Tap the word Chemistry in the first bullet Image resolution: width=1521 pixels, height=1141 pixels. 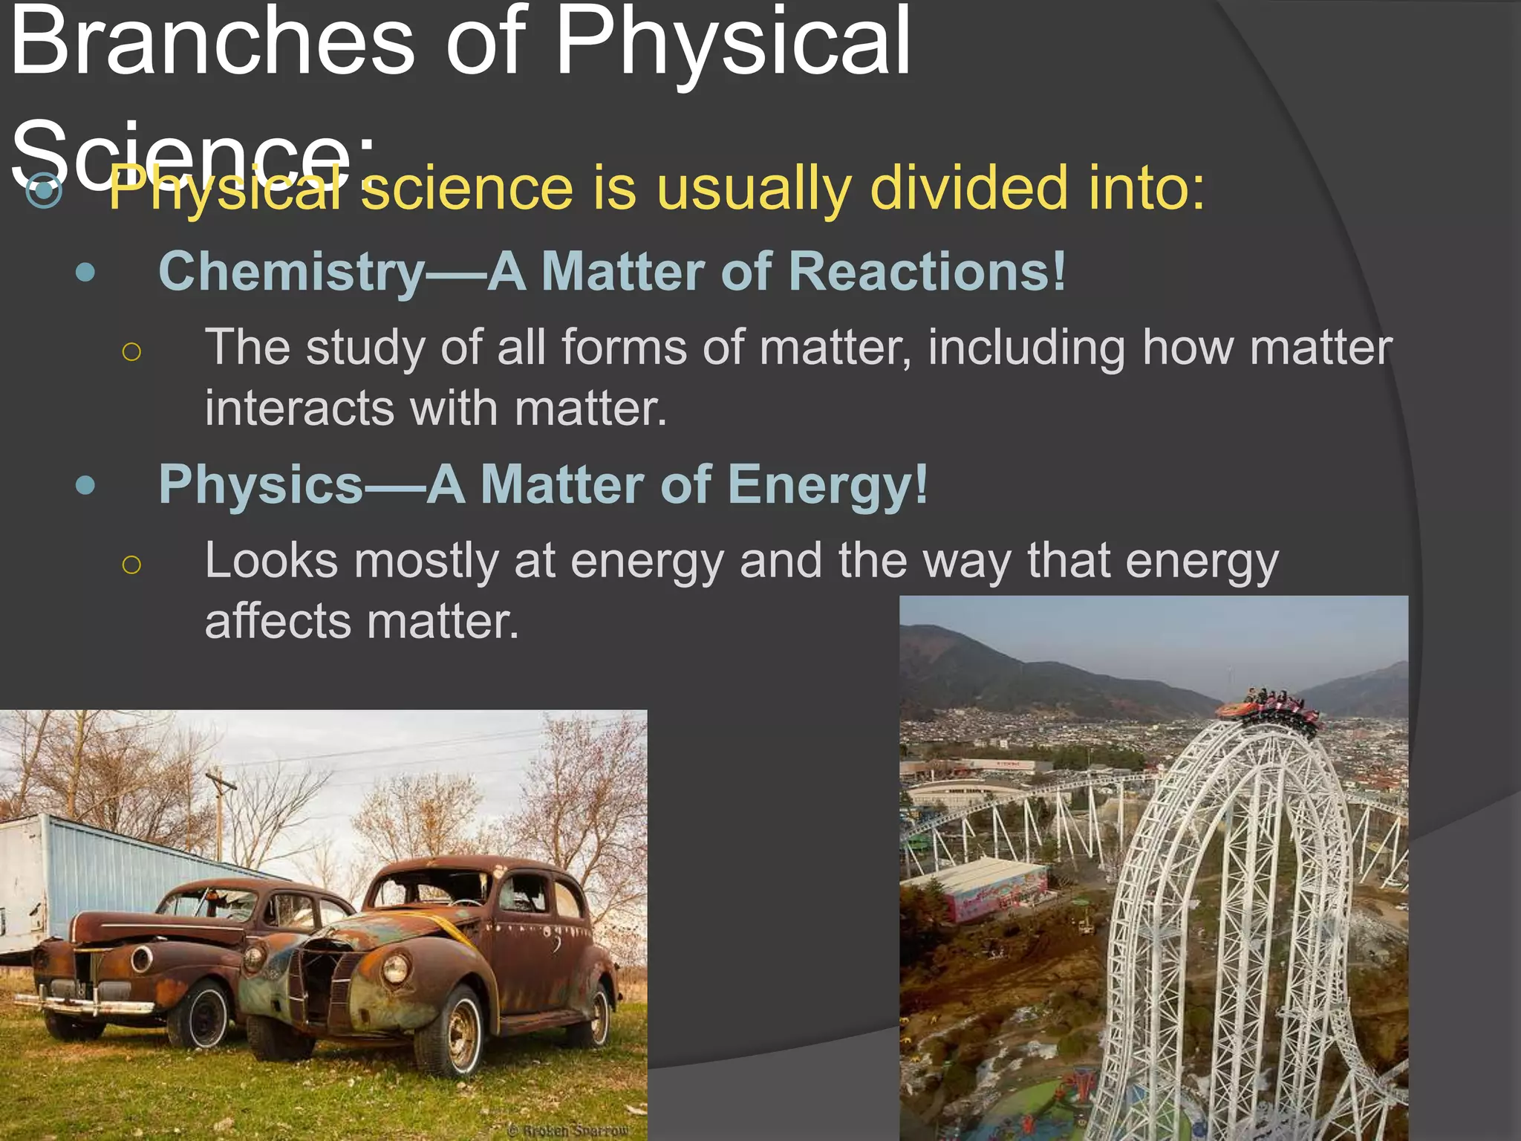pyautogui.click(x=291, y=272)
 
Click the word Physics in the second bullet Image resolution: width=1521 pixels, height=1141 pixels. pyautogui.click(x=261, y=485)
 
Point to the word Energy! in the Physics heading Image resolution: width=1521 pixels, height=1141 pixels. pyautogui.click(x=828, y=485)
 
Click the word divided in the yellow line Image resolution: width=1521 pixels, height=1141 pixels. pyautogui.click(x=970, y=189)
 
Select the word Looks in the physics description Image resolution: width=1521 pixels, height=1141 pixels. pyautogui.click(x=271, y=561)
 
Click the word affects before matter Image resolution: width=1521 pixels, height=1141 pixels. pyautogui.click(x=277, y=622)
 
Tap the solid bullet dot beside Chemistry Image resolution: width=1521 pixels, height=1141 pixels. pyautogui.click(x=85, y=273)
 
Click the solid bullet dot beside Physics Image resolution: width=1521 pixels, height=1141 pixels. pyautogui.click(x=85, y=486)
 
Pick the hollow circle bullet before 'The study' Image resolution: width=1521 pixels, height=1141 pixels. pyautogui.click(x=131, y=351)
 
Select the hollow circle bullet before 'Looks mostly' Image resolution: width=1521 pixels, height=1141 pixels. pyautogui.click(x=131, y=565)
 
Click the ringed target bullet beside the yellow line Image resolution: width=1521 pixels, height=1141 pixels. pyautogui.click(x=44, y=191)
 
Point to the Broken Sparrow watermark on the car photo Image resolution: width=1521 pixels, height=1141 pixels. pyautogui.click(x=568, y=1130)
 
